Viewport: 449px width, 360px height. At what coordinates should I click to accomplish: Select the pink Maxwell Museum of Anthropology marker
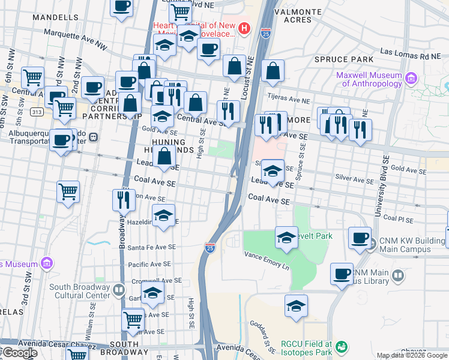coord(411,79)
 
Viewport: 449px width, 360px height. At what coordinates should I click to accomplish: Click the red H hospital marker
coord(244,28)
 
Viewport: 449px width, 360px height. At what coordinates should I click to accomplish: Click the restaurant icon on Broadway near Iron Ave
coord(124,200)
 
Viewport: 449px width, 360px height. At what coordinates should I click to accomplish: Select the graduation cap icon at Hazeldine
coord(163,217)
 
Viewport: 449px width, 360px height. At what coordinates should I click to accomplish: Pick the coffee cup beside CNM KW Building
coord(360,238)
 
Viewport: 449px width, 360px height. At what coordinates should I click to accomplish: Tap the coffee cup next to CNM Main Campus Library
coord(342,273)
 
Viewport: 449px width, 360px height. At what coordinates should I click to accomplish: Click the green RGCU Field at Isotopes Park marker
coord(342,347)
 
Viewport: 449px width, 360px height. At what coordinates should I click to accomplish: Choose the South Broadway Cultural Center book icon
coord(119,291)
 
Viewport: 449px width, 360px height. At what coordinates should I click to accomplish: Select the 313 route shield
coord(37,112)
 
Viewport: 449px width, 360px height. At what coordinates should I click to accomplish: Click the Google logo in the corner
coord(19,353)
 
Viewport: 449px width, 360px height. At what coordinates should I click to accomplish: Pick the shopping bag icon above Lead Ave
coord(164,157)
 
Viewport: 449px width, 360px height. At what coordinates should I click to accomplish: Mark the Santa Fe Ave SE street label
coord(151,247)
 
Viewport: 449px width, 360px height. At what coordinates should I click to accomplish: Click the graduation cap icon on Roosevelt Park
coord(287,237)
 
